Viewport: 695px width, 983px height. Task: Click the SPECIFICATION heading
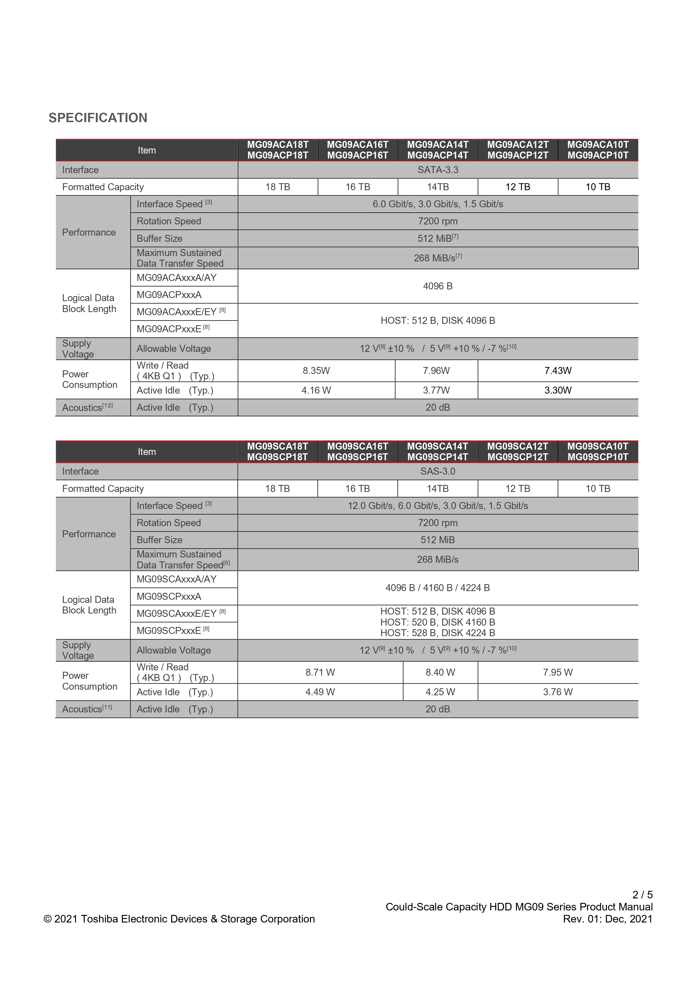(98, 118)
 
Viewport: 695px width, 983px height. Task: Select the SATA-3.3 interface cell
(438, 170)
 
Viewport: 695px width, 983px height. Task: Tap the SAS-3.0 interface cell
(438, 471)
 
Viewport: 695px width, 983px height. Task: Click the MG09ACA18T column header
(278, 150)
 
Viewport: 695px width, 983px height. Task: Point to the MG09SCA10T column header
(598, 451)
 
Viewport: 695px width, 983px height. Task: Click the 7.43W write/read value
(557, 371)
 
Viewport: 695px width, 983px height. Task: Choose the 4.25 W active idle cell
(440, 692)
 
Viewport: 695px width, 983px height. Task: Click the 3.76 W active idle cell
(557, 692)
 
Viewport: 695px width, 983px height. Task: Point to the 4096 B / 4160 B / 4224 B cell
(438, 588)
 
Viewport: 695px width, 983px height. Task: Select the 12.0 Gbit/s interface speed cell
(438, 506)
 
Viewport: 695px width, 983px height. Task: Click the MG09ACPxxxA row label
(169, 295)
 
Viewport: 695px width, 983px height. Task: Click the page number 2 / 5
(642, 895)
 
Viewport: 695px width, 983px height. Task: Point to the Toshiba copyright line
(179, 919)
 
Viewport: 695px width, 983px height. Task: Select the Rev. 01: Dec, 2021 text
(607, 919)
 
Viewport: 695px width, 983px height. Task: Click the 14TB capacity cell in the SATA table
(438, 187)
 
